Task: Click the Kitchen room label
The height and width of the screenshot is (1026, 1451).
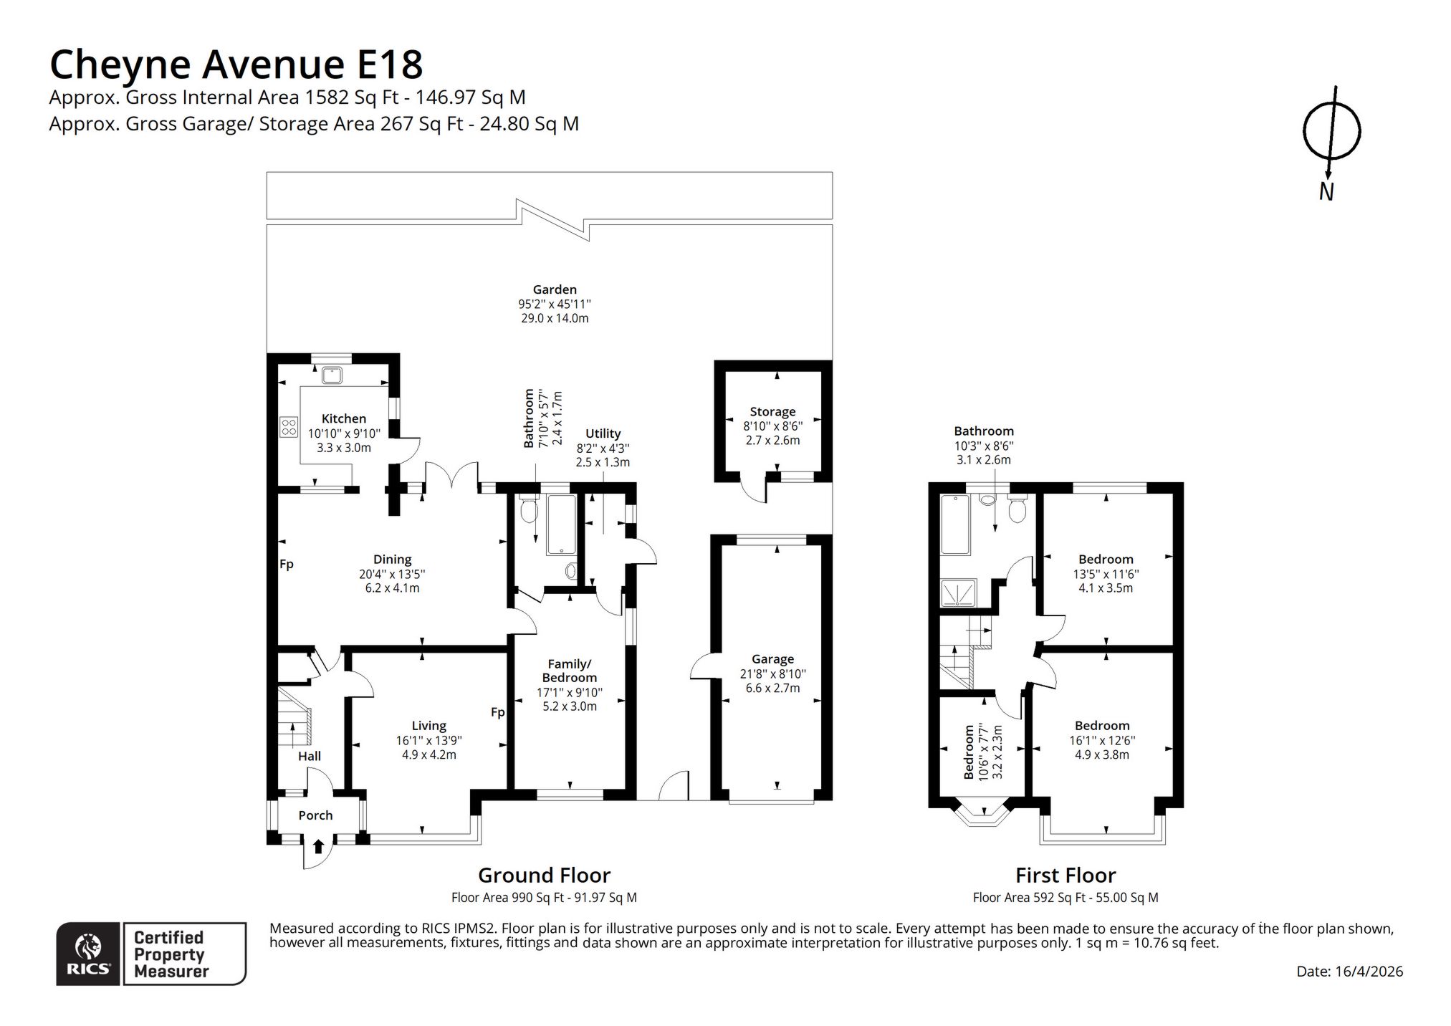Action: click(x=344, y=418)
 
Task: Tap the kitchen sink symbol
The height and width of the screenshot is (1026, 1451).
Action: click(x=332, y=375)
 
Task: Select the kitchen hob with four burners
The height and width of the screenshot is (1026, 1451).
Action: click(x=289, y=428)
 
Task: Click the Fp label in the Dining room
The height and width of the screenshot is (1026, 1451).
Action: click(x=287, y=565)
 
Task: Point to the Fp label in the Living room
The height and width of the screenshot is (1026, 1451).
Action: click(x=498, y=712)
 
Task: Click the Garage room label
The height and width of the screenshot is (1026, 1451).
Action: click(x=772, y=659)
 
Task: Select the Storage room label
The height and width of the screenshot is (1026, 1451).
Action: click(x=772, y=412)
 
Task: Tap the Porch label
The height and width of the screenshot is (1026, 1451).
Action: click(x=315, y=815)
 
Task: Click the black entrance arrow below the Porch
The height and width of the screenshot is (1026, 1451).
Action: click(x=318, y=847)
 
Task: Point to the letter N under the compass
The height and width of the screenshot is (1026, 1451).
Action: click(x=1326, y=192)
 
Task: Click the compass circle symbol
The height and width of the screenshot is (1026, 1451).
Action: click(x=1331, y=131)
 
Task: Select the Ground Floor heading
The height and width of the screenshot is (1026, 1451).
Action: click(x=545, y=875)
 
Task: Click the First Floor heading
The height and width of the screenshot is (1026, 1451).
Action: click(x=1065, y=875)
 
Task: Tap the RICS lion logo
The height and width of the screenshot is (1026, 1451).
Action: click(x=88, y=954)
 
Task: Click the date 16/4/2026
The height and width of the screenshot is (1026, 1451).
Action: click(x=1369, y=972)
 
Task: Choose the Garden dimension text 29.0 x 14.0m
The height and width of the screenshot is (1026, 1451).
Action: click(x=555, y=318)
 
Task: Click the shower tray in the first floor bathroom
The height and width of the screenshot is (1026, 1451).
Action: click(x=955, y=593)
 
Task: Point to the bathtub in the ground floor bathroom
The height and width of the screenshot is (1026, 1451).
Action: click(x=561, y=524)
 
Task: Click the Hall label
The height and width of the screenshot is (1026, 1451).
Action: click(x=310, y=756)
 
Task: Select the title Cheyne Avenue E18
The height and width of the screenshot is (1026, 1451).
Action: click(x=236, y=64)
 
